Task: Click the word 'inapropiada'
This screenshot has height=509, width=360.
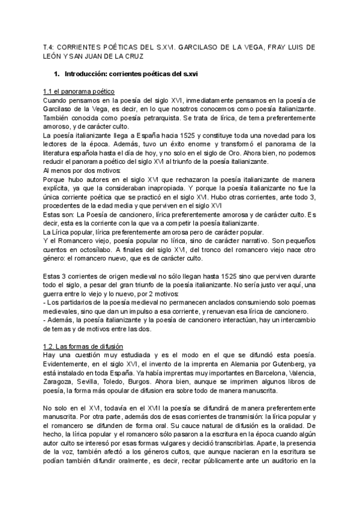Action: (x=170, y=188)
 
